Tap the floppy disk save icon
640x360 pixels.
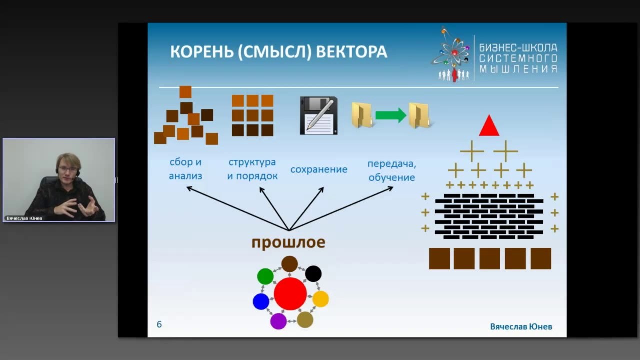point(319,115)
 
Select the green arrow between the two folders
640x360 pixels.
point(390,115)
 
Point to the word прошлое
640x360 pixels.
point(288,243)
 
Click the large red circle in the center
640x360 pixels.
point(290,294)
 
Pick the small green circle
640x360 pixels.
point(265,276)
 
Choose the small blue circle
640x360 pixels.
point(261,301)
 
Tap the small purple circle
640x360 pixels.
point(278,321)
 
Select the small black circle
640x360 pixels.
point(313,274)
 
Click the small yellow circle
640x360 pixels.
point(320,299)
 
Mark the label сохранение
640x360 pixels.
point(319,169)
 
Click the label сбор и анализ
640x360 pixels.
point(185,169)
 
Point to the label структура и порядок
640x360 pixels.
point(252,169)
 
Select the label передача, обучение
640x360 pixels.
point(392,170)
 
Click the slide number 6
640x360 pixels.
point(159,324)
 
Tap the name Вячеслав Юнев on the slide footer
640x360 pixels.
point(521,326)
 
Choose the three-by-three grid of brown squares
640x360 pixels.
point(253,115)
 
